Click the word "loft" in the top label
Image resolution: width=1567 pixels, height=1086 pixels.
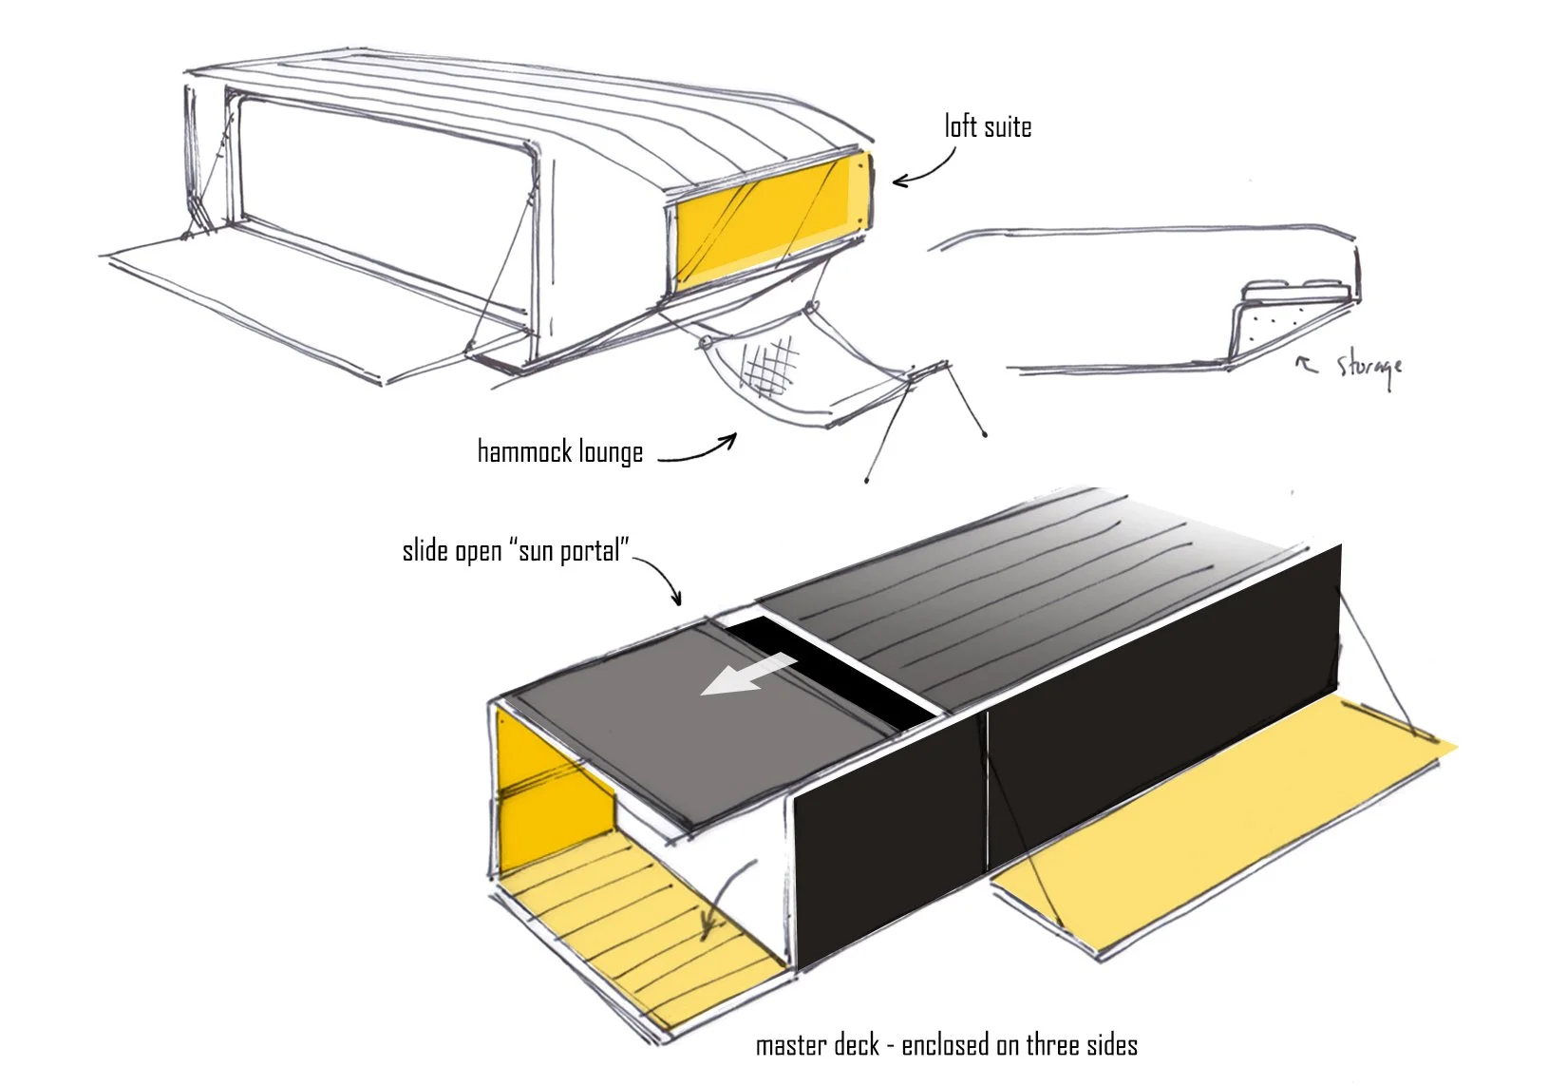click(x=960, y=126)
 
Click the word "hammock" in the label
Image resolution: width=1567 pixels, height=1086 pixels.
click(x=525, y=451)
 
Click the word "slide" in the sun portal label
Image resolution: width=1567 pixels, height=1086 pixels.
click(x=425, y=551)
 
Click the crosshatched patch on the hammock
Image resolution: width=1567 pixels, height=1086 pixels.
click(x=769, y=365)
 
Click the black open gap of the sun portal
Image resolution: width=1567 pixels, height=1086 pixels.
click(x=829, y=671)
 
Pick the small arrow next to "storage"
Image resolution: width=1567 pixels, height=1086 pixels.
click(x=1306, y=363)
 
